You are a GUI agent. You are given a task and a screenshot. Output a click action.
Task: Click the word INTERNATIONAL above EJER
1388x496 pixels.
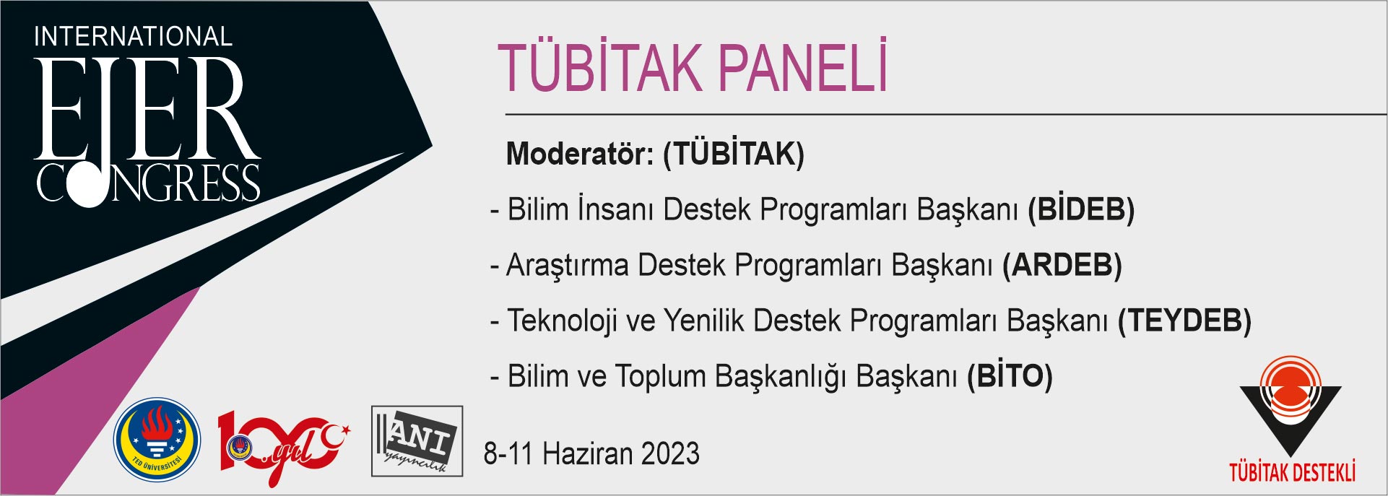click(x=133, y=36)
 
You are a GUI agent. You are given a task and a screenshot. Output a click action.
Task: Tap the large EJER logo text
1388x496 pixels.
click(x=147, y=108)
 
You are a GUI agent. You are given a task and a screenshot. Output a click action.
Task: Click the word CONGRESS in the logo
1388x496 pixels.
click(x=148, y=183)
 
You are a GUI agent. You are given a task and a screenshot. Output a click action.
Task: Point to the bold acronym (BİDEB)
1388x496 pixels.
click(x=1081, y=209)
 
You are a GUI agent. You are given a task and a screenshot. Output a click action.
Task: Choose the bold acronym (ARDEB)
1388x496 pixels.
click(x=1062, y=265)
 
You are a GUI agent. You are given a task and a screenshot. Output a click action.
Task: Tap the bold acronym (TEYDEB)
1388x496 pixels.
click(x=1184, y=321)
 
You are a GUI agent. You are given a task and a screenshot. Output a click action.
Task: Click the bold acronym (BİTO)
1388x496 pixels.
click(x=1010, y=376)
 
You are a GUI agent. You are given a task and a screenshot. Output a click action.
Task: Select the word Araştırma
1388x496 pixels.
click(x=567, y=266)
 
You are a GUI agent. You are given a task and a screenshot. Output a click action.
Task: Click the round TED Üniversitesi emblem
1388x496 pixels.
click(x=157, y=440)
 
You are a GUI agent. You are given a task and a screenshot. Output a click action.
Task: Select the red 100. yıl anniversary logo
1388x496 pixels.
click(x=284, y=447)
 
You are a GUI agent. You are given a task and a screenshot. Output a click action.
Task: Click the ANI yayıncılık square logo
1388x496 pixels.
click(x=417, y=441)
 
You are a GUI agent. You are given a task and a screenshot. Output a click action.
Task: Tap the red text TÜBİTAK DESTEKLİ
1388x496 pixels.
click(x=1292, y=471)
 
